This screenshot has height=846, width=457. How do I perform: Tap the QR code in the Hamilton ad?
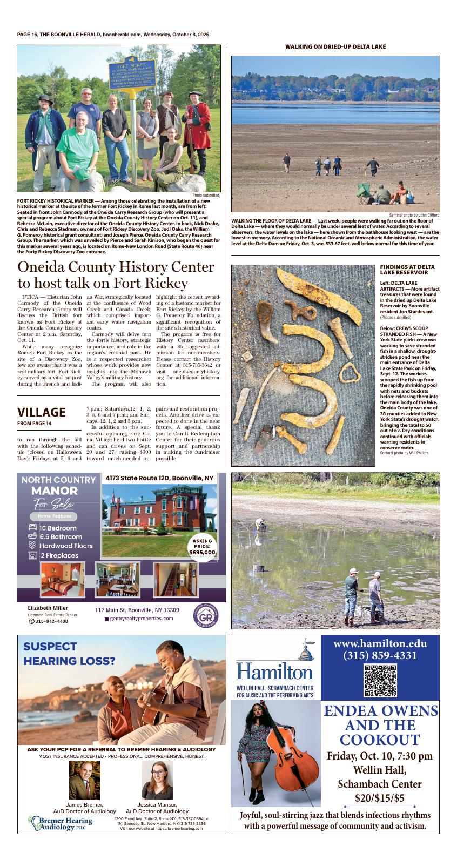(x=380, y=681)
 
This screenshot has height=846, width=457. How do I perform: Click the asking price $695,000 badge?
(x=203, y=547)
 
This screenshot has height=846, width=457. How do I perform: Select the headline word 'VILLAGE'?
(x=42, y=412)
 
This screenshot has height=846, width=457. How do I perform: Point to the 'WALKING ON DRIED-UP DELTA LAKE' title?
(x=335, y=46)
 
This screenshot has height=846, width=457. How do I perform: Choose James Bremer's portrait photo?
(x=84, y=780)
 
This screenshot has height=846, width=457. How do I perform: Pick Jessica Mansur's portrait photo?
(x=157, y=780)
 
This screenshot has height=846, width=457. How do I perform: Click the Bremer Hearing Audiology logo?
(x=62, y=823)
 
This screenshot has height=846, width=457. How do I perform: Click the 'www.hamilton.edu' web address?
(x=380, y=643)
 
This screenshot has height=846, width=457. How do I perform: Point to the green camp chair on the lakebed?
(x=364, y=191)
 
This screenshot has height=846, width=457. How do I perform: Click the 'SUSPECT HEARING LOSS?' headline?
(x=69, y=653)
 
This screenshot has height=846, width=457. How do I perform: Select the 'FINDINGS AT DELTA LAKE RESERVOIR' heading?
(x=407, y=270)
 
